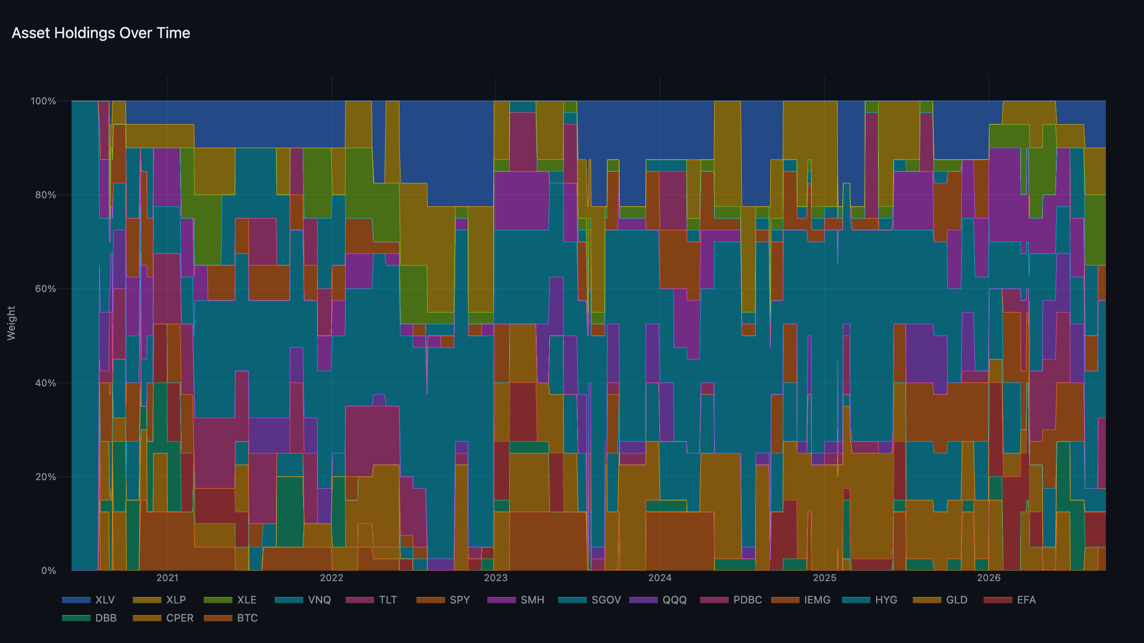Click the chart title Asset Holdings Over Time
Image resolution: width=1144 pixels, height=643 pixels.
point(101,33)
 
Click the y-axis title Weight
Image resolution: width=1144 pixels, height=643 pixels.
point(11,323)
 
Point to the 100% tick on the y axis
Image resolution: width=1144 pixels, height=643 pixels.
point(43,101)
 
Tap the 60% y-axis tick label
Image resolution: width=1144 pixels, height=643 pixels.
point(46,289)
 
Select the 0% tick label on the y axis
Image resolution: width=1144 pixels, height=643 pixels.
point(49,571)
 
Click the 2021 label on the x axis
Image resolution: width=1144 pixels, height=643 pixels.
point(167,578)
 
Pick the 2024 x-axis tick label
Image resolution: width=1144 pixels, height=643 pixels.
point(660,578)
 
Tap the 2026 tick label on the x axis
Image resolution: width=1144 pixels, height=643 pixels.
point(989,578)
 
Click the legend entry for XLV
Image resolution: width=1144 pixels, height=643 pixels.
point(89,600)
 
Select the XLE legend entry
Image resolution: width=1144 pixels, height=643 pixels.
point(230,600)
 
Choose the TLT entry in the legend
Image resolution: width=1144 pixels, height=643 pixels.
point(372,600)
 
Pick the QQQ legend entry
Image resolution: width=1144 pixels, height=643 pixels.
point(658,600)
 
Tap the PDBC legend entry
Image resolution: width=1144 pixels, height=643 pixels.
point(731,600)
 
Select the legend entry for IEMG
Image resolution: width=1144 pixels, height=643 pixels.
point(801,600)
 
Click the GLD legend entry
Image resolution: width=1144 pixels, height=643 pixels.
point(940,600)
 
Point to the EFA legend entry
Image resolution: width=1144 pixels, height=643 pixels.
point(1010,600)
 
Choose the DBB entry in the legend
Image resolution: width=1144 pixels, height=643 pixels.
point(90,618)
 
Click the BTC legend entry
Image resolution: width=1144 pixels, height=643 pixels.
point(231,618)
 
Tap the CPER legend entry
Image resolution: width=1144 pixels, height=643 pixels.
point(163,618)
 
